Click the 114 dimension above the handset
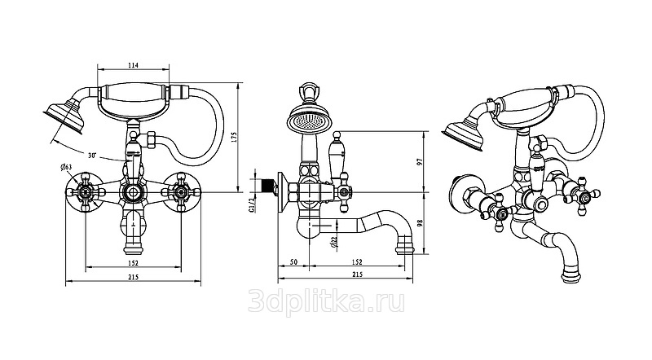pyautogui.click(x=133, y=65)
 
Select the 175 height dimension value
pyautogui.click(x=233, y=138)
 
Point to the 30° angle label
pyautogui.click(x=92, y=156)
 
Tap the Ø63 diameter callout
pyautogui.click(x=66, y=167)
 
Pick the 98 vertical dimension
pyautogui.click(x=420, y=223)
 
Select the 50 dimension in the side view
pyautogui.click(x=293, y=262)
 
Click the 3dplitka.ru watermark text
pyautogui.click(x=326, y=301)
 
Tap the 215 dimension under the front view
pyautogui.click(x=133, y=277)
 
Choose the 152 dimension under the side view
pyautogui.click(x=357, y=262)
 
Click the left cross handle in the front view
pyautogui.click(x=86, y=192)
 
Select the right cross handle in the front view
pyautogui.click(x=181, y=192)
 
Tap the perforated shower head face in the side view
pyautogui.click(x=308, y=121)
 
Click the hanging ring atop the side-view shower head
pyautogui.click(x=308, y=90)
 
